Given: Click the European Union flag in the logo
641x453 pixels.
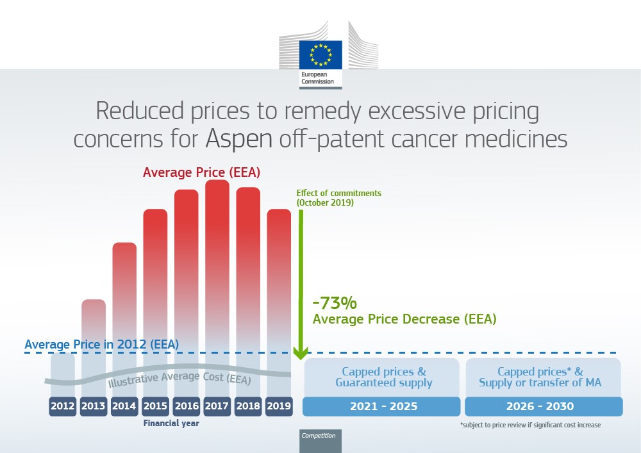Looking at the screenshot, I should pyautogui.click(x=320, y=54).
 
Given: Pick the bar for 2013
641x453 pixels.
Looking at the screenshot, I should pyautogui.click(x=94, y=333).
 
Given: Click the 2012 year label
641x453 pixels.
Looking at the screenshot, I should pyautogui.click(x=62, y=406).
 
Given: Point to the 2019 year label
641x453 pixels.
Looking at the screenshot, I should pyautogui.click(x=279, y=406).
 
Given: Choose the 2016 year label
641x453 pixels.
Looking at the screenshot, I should pyautogui.click(x=186, y=406).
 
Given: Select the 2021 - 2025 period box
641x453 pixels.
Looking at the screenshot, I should pyautogui.click(x=381, y=406).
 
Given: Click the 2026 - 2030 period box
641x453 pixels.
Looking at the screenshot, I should pyautogui.click(x=544, y=406).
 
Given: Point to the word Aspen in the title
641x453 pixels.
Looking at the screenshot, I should pyautogui.click(x=240, y=138).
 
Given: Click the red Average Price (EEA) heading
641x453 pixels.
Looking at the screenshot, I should pyautogui.click(x=201, y=172).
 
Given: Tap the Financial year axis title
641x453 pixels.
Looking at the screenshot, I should pyautogui.click(x=171, y=424).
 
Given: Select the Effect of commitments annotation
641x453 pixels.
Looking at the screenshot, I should pyautogui.click(x=338, y=197).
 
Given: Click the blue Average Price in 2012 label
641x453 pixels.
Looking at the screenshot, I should pyautogui.click(x=101, y=345).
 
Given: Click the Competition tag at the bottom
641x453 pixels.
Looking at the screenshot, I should pyautogui.click(x=319, y=436).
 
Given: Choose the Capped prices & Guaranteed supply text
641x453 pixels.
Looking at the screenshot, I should pyautogui.click(x=383, y=377).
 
